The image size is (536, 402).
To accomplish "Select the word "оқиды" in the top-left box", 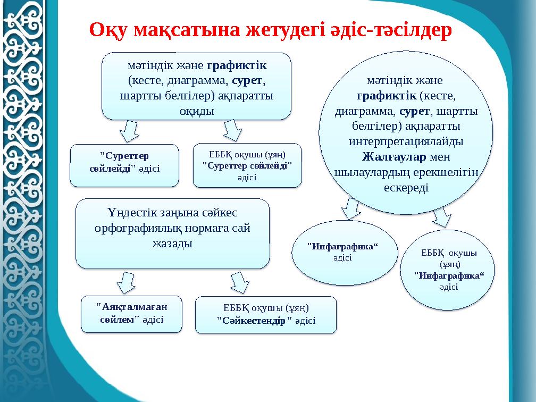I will click(x=196, y=111).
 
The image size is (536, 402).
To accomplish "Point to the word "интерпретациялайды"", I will click(x=405, y=142).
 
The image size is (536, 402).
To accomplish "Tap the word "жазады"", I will click(x=172, y=243).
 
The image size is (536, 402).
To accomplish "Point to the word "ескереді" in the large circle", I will click(x=406, y=188).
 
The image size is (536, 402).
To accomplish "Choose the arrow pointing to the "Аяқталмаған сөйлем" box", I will click(x=128, y=282).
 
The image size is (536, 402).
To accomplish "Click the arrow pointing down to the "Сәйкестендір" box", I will click(x=240, y=282).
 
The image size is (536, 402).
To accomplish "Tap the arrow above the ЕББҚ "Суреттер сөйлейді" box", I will click(x=233, y=130).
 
